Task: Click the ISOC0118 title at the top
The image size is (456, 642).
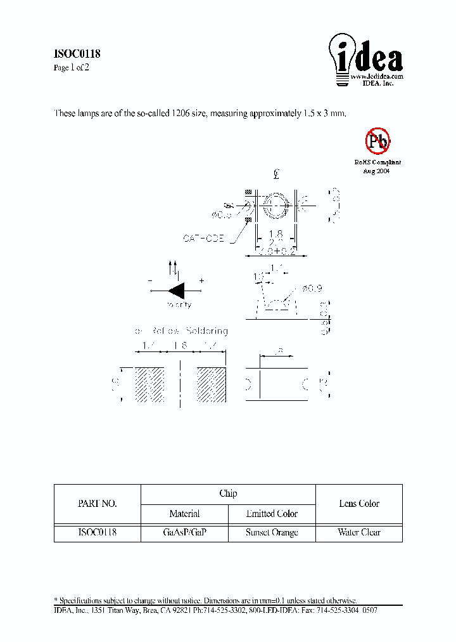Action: [77, 54]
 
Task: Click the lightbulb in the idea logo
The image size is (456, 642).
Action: [342, 57]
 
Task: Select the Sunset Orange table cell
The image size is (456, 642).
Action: [272, 533]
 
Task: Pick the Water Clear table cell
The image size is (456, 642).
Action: [359, 533]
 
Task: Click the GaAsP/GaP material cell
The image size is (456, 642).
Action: [184, 533]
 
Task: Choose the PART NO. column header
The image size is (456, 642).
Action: [97, 504]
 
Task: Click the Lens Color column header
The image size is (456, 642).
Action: [359, 504]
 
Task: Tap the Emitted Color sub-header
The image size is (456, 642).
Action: [272, 514]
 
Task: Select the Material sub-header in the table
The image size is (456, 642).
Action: [184, 514]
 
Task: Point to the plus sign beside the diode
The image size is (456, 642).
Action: [202, 280]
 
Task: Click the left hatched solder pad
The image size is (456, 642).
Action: [150, 384]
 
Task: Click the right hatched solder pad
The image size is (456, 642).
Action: [212, 384]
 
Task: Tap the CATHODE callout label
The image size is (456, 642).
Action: [204, 239]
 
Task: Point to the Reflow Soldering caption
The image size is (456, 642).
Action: [180, 331]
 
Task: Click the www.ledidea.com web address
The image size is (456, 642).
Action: [377, 76]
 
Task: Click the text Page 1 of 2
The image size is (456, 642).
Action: [71, 68]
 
